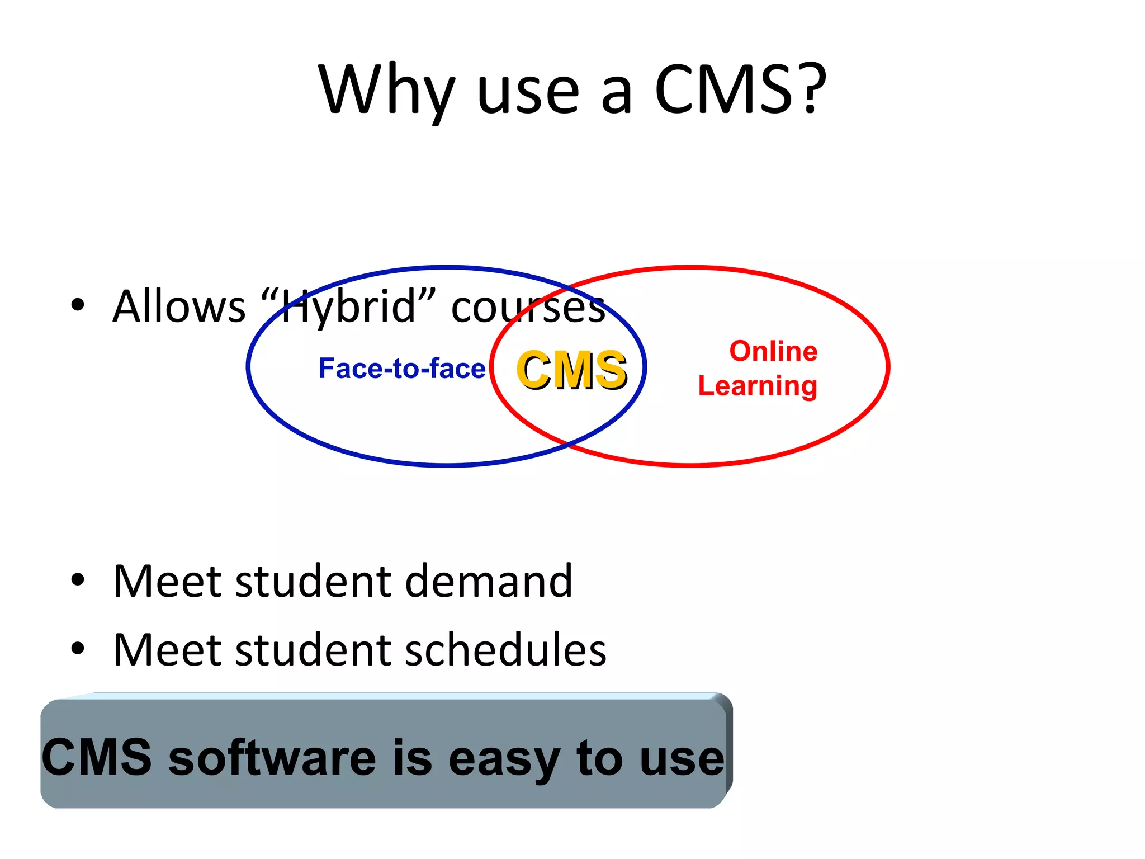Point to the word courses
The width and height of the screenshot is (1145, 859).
click(528, 308)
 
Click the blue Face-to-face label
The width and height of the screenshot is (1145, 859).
click(402, 369)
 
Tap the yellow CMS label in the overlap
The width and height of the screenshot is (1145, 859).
click(571, 370)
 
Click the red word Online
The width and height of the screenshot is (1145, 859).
click(773, 351)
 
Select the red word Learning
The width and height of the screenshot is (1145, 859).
click(758, 386)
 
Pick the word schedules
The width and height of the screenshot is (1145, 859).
click(505, 650)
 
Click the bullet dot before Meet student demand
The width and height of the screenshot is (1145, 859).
click(78, 580)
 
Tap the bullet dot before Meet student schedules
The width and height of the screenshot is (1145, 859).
click(78, 649)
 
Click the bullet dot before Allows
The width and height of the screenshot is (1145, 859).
click(78, 305)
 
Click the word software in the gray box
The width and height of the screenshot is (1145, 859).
click(272, 758)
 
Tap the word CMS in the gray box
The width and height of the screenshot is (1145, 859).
click(97, 757)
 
